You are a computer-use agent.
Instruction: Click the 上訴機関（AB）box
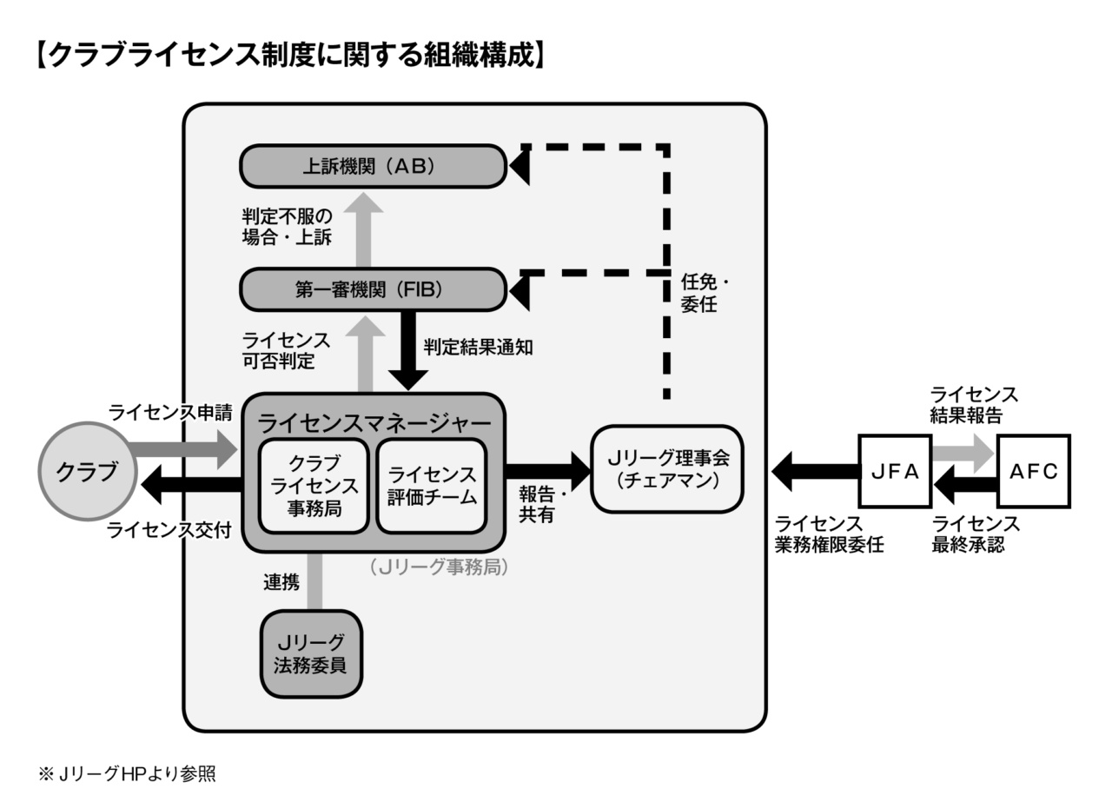click(x=373, y=166)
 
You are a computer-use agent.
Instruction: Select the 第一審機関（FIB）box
click(x=373, y=290)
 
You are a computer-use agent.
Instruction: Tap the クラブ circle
click(x=88, y=472)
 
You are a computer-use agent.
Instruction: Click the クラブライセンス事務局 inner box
click(x=314, y=486)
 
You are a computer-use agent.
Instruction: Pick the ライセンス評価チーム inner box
click(x=432, y=486)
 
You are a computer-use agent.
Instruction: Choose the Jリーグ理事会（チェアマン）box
click(x=667, y=468)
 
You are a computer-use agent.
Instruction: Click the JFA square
click(x=894, y=471)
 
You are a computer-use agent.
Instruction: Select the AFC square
click(x=1033, y=471)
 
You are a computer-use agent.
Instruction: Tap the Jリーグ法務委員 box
click(x=311, y=653)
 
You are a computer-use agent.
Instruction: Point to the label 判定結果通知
click(x=478, y=347)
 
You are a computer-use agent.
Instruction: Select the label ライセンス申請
click(x=170, y=412)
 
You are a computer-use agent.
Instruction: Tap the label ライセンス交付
click(x=169, y=530)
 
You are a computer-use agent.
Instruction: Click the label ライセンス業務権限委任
click(x=829, y=534)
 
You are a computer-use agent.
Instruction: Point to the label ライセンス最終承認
click(x=976, y=534)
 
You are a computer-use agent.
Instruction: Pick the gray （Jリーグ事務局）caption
click(x=438, y=567)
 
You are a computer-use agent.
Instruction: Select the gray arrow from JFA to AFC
click(x=963, y=452)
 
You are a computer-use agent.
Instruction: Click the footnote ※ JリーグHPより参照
click(x=127, y=773)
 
